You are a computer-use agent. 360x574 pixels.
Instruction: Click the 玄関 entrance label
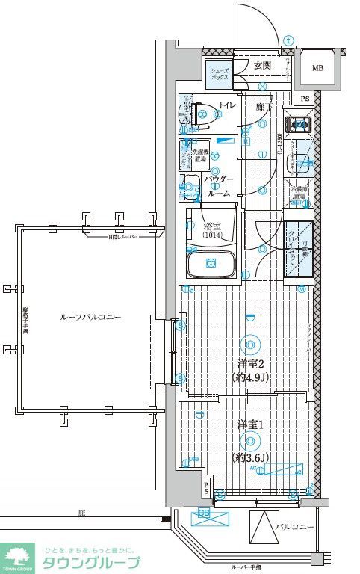[x=261, y=67]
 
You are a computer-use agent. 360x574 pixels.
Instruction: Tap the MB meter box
[x=317, y=69]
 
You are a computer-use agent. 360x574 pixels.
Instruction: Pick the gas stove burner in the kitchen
[x=300, y=123]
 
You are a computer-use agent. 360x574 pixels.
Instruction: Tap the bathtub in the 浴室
[x=211, y=263]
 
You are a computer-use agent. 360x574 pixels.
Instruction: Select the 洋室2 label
[x=249, y=364]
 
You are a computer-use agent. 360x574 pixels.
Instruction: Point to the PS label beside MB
[x=304, y=99]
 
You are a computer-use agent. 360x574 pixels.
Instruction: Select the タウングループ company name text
[x=90, y=563]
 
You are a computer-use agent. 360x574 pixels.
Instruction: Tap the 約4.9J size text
[x=249, y=377]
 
